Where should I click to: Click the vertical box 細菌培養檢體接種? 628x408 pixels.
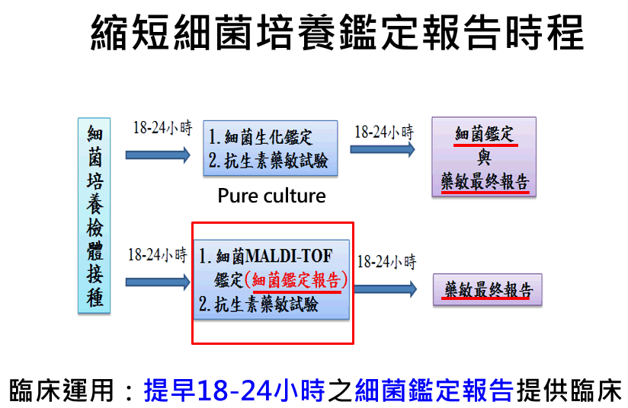coord(95,215)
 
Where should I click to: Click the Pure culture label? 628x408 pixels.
coord(271,196)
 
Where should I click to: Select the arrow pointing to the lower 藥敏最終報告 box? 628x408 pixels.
coord(386,289)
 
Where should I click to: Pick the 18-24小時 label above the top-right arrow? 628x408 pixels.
coord(385,130)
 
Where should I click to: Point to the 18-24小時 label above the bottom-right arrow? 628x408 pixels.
coord(386,263)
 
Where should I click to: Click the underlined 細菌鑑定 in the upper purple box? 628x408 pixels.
coord(485,136)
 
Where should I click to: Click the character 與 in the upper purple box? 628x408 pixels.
coord(484,158)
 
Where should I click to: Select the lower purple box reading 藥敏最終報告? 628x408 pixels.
coord(488,290)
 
